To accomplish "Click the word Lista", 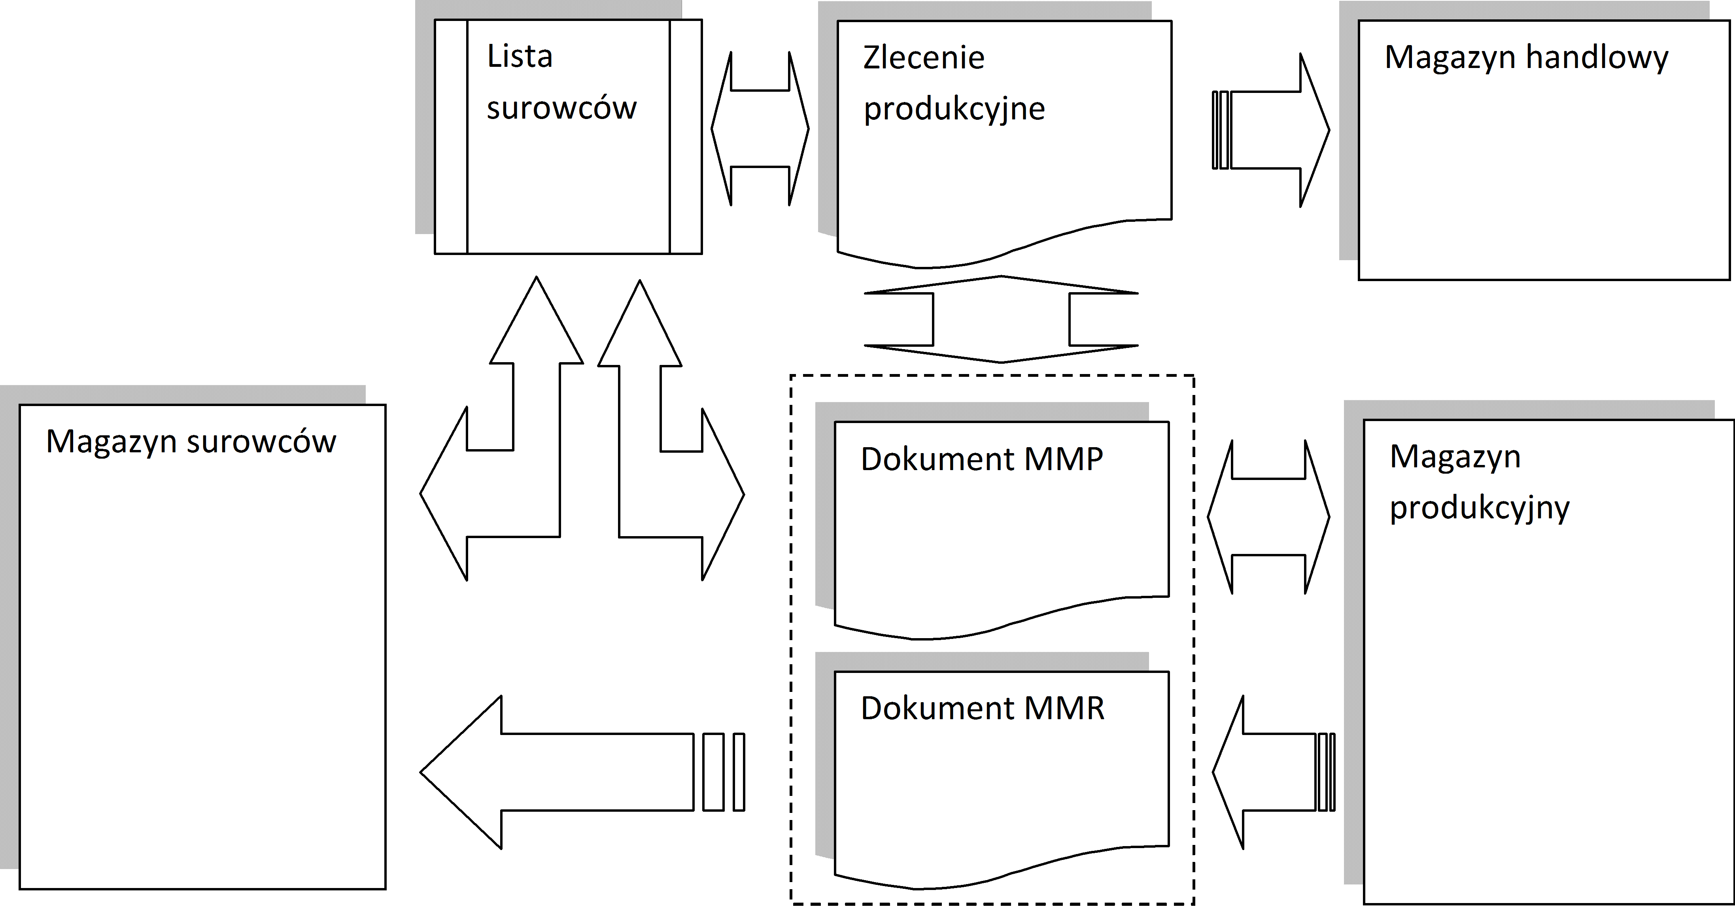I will point(519,57).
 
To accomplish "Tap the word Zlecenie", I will point(923,58).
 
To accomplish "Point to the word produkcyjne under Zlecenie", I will point(954,109).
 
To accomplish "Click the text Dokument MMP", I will point(981,459).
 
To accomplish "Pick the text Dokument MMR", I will point(982,709).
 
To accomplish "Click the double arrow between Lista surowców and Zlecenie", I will point(760,128).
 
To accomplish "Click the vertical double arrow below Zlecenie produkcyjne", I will point(1001,319).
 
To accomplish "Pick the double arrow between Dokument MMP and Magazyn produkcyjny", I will point(1268,517).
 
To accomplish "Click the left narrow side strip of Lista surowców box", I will point(451,137).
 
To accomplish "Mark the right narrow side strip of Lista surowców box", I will point(686,137).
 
